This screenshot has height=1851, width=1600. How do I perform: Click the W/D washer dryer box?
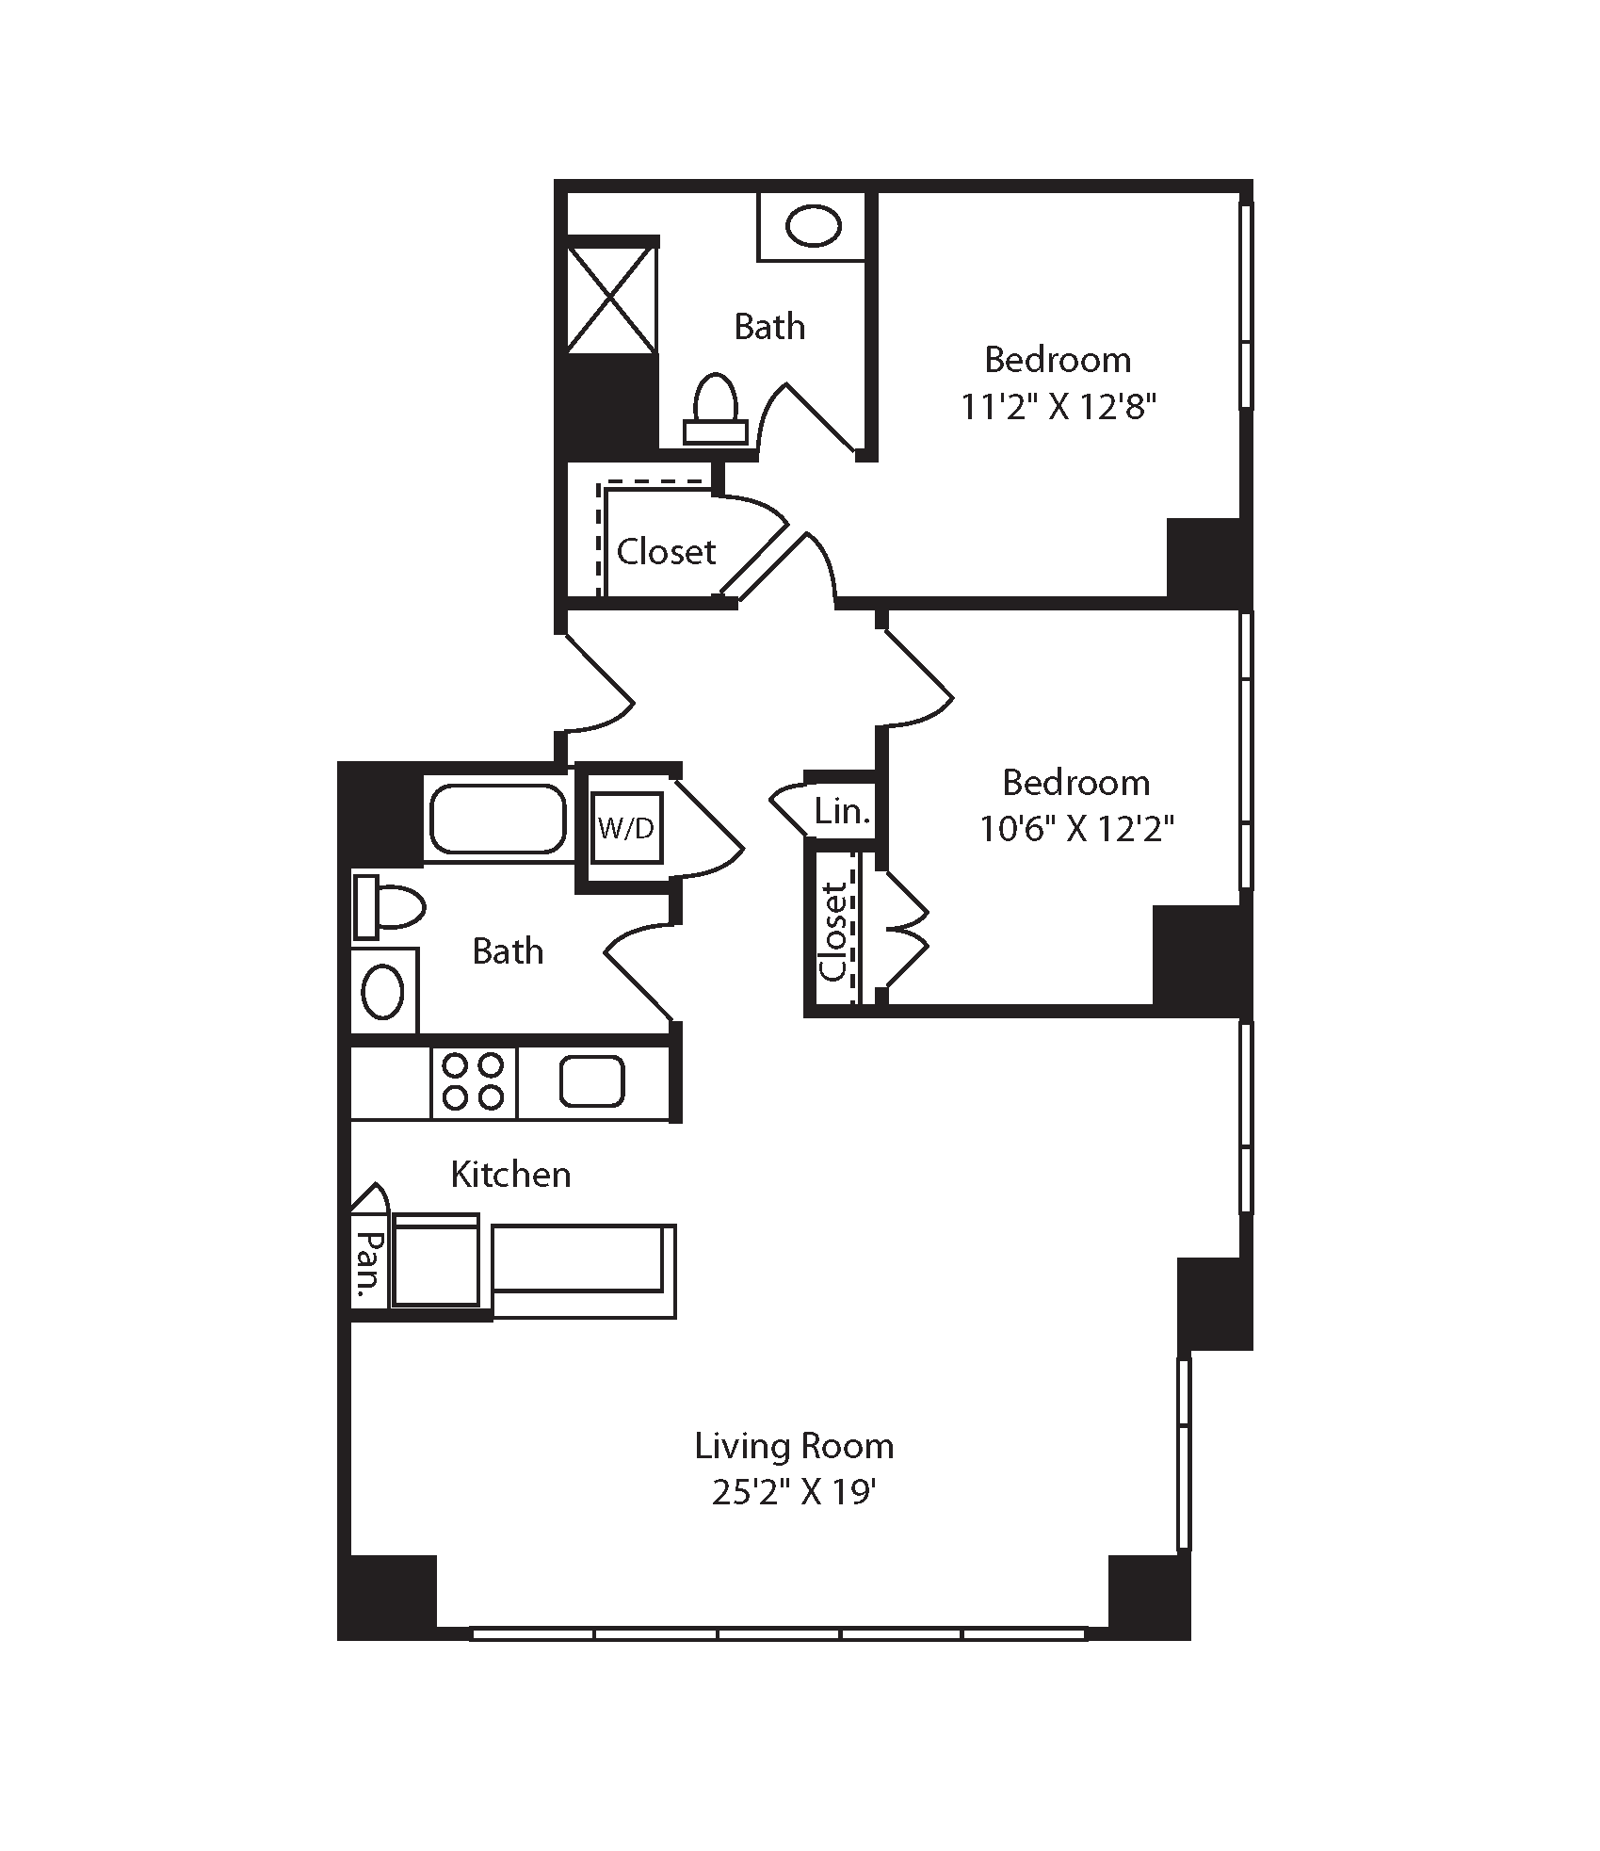[x=627, y=828]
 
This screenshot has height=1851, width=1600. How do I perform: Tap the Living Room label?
[x=794, y=1446]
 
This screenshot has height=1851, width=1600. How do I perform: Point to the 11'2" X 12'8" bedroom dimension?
[x=1058, y=407]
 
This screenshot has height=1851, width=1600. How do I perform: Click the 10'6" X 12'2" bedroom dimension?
[x=1076, y=829]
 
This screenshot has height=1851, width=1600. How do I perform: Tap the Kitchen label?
[x=510, y=1175]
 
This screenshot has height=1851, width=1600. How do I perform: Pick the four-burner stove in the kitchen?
[x=474, y=1082]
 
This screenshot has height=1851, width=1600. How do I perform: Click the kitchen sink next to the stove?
[x=592, y=1080]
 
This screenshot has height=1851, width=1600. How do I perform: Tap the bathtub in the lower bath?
[x=498, y=819]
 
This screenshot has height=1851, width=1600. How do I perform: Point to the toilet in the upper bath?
[x=715, y=409]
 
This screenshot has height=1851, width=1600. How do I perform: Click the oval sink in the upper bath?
[x=813, y=227]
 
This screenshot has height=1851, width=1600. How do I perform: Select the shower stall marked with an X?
[x=610, y=299]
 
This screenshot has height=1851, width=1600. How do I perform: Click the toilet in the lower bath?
[x=389, y=907]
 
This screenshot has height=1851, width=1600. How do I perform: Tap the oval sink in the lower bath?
[x=383, y=991]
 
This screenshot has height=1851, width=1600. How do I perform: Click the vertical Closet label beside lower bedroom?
[x=833, y=933]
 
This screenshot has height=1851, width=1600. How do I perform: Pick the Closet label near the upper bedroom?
[x=666, y=551]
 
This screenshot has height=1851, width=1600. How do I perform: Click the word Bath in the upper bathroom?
[x=769, y=327]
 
